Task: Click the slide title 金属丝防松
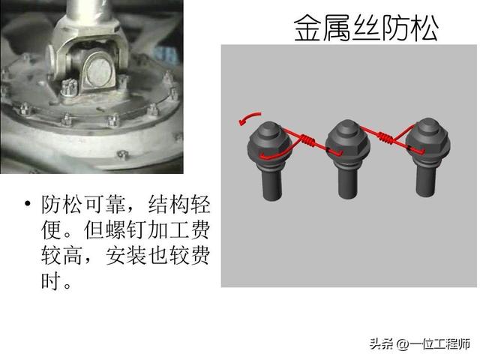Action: point(366,28)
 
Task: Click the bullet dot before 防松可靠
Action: point(28,203)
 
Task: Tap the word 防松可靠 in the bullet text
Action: point(83,204)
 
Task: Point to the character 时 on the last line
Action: point(51,280)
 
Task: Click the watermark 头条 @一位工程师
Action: point(420,344)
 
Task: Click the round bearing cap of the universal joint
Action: point(98,70)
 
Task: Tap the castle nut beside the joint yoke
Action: point(69,87)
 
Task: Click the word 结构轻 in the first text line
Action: point(179,204)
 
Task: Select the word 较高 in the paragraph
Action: point(61,255)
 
